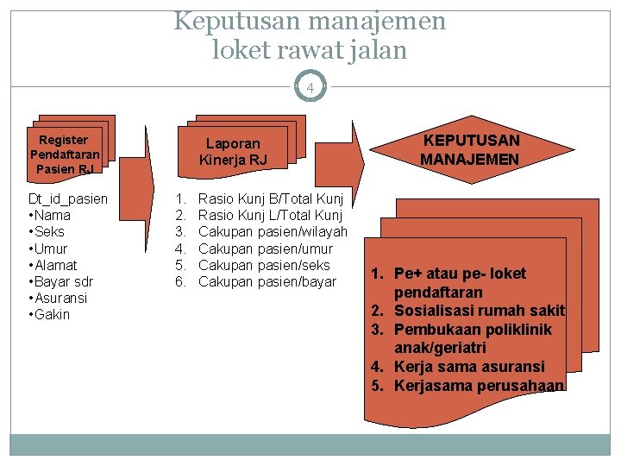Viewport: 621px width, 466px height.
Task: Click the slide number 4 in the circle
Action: (310, 87)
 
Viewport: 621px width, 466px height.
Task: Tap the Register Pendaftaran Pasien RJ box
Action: (64, 154)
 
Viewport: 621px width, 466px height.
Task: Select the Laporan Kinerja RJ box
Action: (233, 152)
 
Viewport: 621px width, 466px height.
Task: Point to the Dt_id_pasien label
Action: (69, 199)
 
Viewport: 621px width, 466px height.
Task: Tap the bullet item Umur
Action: (51, 249)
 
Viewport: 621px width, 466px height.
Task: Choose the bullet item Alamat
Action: (54, 265)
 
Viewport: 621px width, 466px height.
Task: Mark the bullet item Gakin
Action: (52, 314)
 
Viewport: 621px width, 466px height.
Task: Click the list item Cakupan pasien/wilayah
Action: (273, 232)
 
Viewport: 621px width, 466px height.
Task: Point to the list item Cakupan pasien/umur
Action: (264, 249)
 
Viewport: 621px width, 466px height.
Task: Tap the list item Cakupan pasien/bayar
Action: (267, 281)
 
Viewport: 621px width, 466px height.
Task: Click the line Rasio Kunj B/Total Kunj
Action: (271, 199)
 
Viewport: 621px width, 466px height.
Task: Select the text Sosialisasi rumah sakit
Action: (479, 311)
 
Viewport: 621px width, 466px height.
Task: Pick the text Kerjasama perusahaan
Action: (479, 385)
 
